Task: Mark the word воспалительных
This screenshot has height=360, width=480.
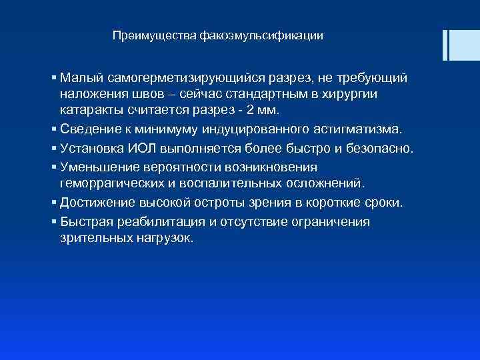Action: [x=219, y=182]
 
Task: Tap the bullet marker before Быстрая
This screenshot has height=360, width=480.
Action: [x=53, y=221]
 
